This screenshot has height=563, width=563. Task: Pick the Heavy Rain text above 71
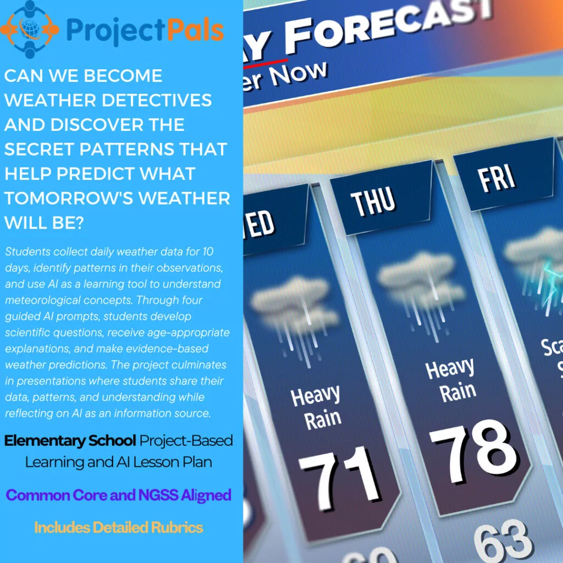point(316,407)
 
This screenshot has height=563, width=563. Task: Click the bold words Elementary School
point(70,440)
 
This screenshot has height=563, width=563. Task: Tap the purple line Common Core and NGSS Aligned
point(118,495)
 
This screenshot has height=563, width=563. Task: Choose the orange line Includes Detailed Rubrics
point(118,528)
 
